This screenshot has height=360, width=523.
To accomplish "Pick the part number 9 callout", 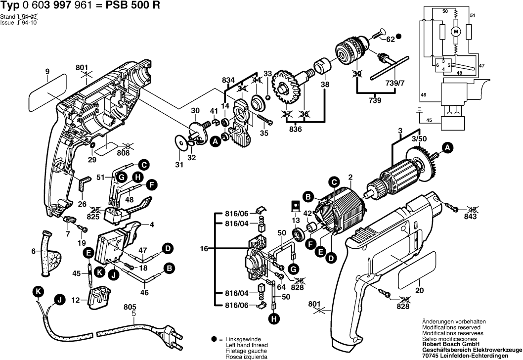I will [47, 71].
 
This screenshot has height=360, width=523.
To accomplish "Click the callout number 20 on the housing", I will [420, 290].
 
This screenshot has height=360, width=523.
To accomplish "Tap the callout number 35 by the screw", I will [264, 133].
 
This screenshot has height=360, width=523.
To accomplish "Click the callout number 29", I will [91, 160].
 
